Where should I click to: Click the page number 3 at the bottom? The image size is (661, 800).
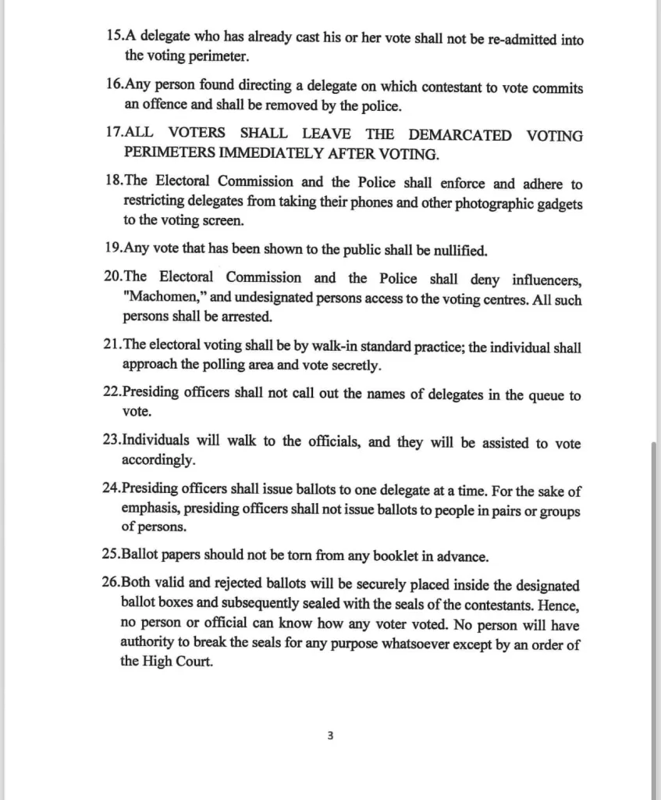331,735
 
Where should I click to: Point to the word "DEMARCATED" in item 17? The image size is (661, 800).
460,135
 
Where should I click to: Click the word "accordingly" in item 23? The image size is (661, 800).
158,460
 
